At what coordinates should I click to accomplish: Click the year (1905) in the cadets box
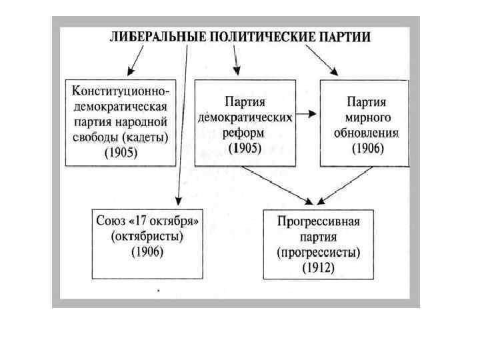[x=120, y=153]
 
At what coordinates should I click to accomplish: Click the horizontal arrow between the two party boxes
[x=307, y=114]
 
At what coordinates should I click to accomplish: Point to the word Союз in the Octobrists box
[x=112, y=221]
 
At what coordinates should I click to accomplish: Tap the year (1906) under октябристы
[x=147, y=251]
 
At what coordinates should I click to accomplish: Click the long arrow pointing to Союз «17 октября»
[x=183, y=133]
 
